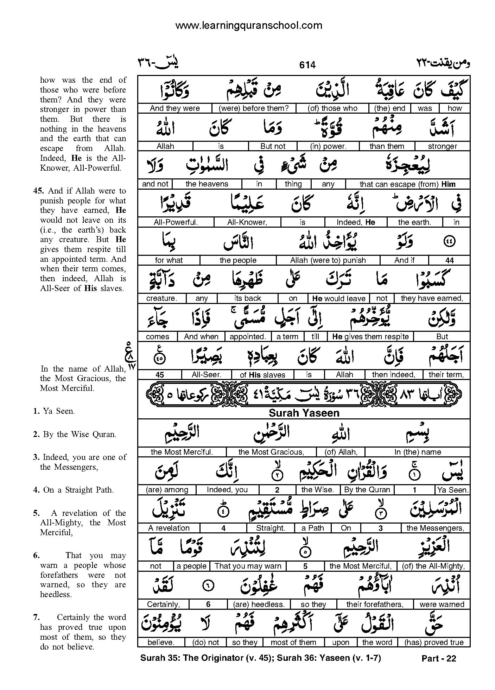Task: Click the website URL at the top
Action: coord(248,25)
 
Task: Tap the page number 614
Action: coord(307,65)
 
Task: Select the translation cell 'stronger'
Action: coord(442,146)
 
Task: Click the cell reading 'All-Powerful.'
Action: coord(176,222)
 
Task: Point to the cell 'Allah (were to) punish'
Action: coord(328,260)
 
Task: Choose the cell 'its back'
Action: coord(247,298)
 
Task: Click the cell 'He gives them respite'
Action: coord(370,336)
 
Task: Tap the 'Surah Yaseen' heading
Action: coord(304,413)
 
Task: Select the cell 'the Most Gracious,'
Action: coord(271,452)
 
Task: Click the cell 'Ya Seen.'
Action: coord(452,490)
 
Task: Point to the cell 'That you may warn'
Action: coord(248,566)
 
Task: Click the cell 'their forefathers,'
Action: coord(375,604)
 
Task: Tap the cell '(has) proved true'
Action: coord(434,642)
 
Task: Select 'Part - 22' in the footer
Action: coord(438,658)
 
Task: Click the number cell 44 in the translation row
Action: coord(449,260)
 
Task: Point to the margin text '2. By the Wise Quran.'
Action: coord(75,434)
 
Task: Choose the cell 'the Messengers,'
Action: coord(435,528)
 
